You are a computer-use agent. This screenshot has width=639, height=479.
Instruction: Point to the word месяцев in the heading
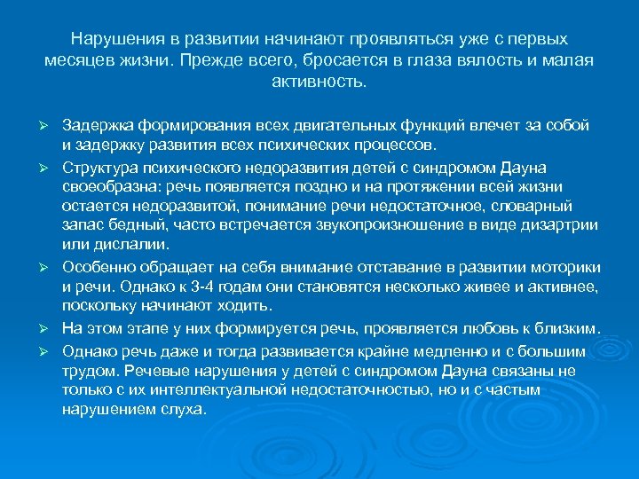[x=76, y=61]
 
